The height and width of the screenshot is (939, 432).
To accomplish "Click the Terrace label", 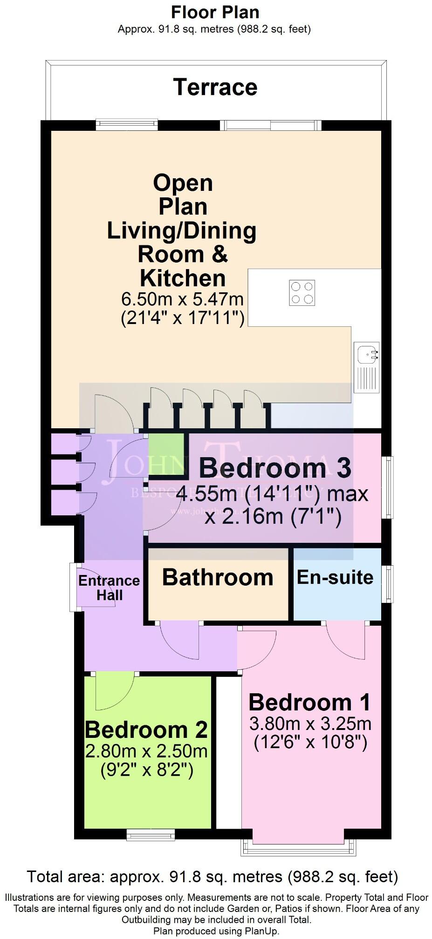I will pos(215,88).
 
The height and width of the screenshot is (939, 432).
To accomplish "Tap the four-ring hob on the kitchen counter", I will pos(302,293).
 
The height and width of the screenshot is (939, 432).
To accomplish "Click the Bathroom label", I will pos(218,578).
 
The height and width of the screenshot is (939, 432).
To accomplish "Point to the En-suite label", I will pos(335,577).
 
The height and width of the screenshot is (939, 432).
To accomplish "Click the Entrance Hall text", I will pos(109,588).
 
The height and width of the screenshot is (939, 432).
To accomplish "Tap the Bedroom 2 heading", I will pos(146,730).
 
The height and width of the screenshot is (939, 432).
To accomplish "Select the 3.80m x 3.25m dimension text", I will pos(310,723).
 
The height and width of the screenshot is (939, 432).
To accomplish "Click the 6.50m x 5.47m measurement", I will pos(182,298).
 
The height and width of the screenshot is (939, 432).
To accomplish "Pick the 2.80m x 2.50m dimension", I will pos(146,751).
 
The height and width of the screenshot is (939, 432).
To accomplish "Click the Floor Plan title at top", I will pos(215,12).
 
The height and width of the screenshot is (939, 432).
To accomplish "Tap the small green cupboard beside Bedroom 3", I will pos(166,454).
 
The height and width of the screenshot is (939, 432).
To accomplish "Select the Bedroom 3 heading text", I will pos(275,468).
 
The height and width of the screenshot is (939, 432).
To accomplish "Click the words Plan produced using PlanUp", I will pos(216,931).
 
